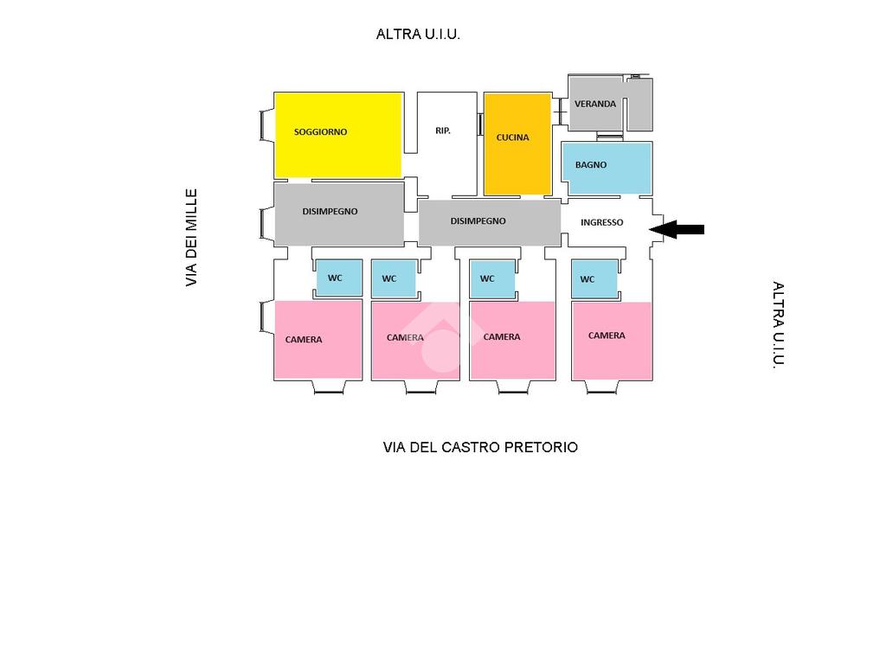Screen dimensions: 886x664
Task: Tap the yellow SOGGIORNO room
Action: pos(338,135)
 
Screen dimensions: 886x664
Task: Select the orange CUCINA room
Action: pos(517,144)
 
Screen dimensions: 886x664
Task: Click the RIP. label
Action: pos(443,131)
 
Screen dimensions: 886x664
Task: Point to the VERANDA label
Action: pos(595,104)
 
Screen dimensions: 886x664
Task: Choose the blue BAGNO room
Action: pos(607,168)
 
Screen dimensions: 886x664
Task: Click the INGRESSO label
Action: pos(601,222)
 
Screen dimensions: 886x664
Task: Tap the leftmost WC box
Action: pos(334,278)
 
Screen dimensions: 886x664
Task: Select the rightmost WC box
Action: pos(594,278)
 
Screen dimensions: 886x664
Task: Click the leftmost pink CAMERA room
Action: pos(318,339)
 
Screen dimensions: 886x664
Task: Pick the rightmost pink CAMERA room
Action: pos(611,340)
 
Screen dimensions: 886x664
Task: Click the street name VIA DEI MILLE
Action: pos(191,238)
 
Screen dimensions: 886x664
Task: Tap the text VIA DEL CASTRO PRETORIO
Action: pos(480,447)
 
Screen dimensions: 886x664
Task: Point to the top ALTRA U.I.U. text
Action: pos(418,35)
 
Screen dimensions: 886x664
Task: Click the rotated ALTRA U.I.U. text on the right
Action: pos(778,325)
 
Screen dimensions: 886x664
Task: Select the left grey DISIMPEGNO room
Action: pos(338,214)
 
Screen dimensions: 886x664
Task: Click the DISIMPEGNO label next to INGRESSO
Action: pos(478,221)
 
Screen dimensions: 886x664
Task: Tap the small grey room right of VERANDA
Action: pos(639,105)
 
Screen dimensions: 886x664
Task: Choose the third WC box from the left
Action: pos(491,278)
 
